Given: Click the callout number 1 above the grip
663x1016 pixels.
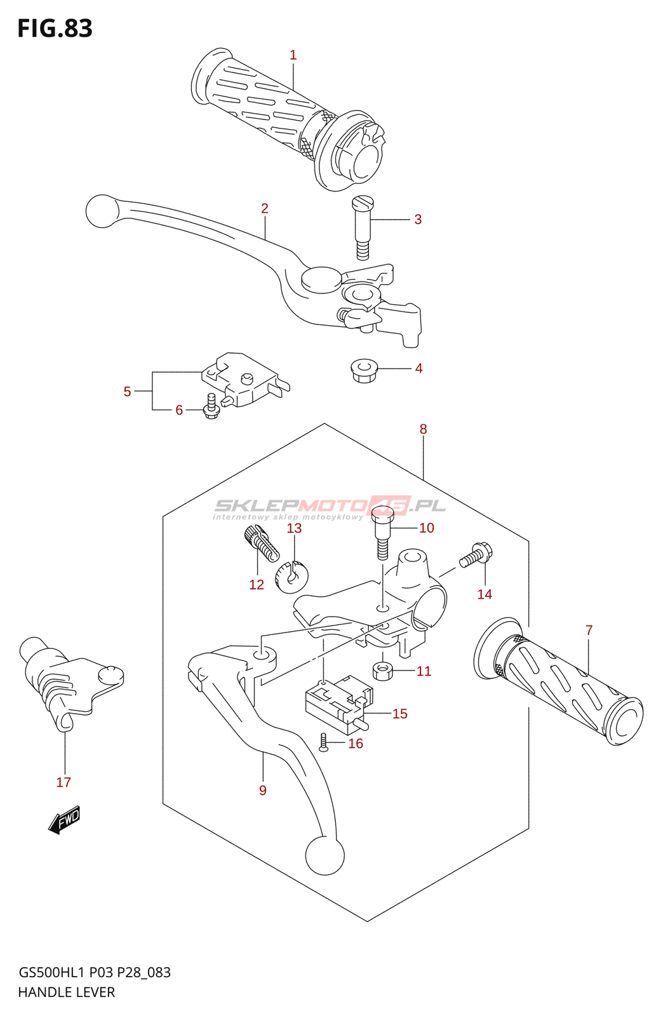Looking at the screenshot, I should coord(293,55).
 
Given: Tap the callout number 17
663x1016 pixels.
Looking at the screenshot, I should coord(64,782).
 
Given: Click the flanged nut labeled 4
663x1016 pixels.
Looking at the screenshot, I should coord(364,370).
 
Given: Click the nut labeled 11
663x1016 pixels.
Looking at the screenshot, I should coord(382,671).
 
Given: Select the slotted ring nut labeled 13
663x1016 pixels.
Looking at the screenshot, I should coord(292,575).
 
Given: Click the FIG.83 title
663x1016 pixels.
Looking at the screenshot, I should coord(55,29).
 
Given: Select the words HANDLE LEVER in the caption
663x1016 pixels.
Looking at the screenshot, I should coord(67,992).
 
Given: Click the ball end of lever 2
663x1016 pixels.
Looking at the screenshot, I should coord(102,211).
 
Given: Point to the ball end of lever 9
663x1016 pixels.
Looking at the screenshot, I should coord(325,855).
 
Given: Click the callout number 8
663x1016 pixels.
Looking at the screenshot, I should coord(424,429).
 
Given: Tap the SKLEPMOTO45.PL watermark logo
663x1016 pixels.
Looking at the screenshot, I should coord(330,507).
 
